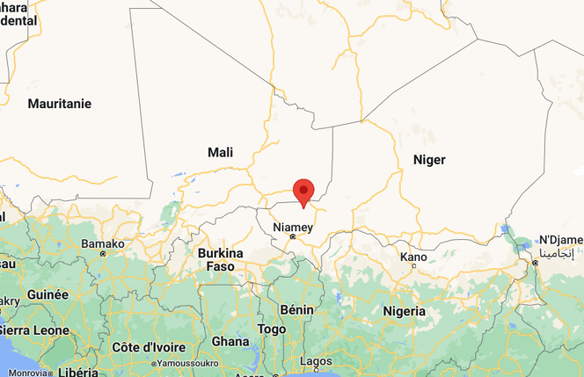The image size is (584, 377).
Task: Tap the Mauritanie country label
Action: click(x=60, y=104)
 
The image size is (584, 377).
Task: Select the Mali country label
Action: click(x=221, y=152)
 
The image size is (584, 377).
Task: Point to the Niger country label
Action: click(x=429, y=159)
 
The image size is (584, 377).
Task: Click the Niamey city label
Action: click(x=293, y=227)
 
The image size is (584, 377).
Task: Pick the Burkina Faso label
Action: click(x=220, y=259)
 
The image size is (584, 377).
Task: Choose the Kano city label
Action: click(x=413, y=257)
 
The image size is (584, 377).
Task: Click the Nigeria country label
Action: click(x=405, y=311)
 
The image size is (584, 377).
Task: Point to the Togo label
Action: click(x=272, y=329)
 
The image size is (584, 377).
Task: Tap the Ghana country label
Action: click(x=230, y=341)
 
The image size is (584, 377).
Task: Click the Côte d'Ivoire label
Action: click(x=146, y=346)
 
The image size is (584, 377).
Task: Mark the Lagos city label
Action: click(x=316, y=360)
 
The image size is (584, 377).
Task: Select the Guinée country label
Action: click(x=48, y=294)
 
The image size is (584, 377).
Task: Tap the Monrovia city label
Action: click(x=29, y=373)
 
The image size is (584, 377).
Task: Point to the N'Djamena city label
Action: click(x=561, y=240)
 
